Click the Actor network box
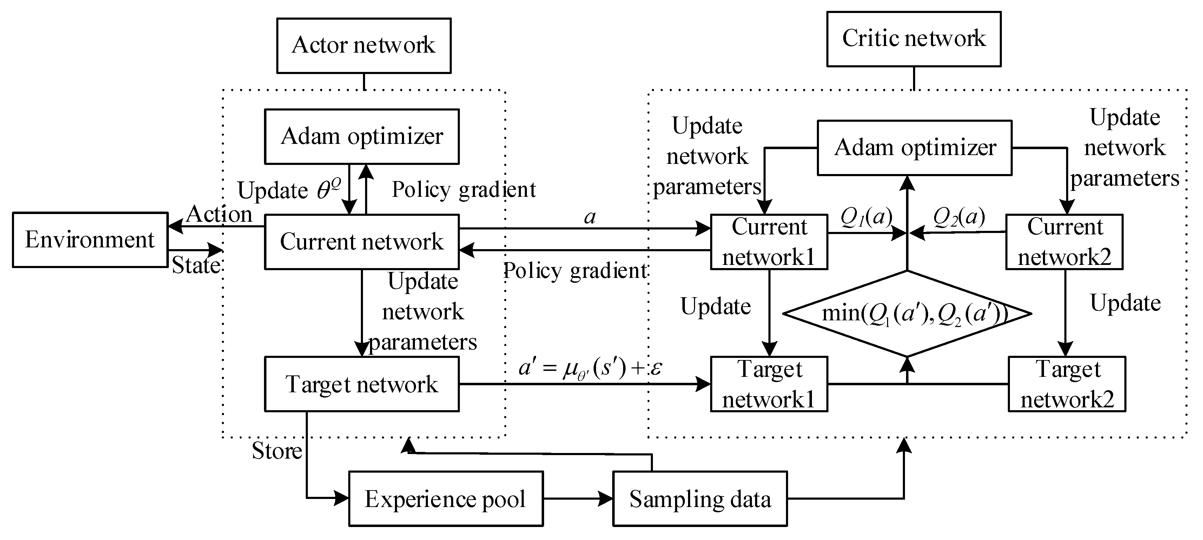point(363,46)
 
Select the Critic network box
point(913,39)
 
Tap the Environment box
point(90,240)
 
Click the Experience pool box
point(445,499)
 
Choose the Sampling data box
point(700,499)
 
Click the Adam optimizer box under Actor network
point(362,136)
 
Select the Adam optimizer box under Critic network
point(914,147)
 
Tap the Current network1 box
point(769,242)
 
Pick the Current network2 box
point(1064,242)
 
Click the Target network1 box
point(769,384)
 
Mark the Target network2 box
point(1067,384)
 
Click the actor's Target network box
point(362,384)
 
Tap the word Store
point(277,451)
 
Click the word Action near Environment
point(219,214)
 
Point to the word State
point(196,265)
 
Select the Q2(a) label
point(959,216)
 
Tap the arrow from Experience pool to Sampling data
point(578,499)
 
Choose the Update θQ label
point(289,190)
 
